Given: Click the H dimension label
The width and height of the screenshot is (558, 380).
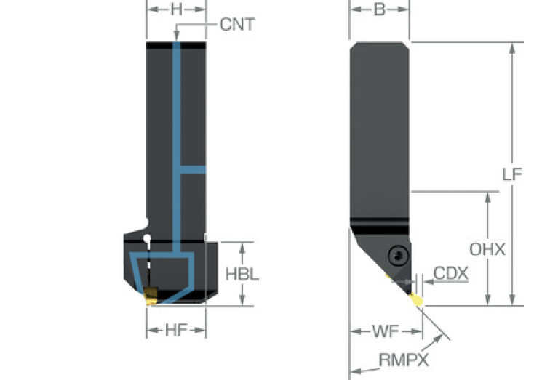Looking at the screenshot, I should pos(176,9).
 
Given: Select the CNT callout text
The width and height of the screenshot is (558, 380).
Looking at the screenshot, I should pos(237,25).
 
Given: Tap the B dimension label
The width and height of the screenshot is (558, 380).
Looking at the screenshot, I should pos(379,9).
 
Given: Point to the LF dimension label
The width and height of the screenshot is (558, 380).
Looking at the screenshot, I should pos(512,174).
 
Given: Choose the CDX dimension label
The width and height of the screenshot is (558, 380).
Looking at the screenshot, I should pos(451,274).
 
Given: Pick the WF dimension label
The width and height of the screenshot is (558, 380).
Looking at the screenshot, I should pos(385,331).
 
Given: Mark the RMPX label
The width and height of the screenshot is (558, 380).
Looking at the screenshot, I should pos(403,360).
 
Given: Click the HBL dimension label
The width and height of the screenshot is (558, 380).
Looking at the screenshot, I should pos(242,275).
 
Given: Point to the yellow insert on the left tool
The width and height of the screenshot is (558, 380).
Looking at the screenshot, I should pos(151,295).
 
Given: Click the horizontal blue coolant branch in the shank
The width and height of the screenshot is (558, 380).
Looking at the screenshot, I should pos(192,170).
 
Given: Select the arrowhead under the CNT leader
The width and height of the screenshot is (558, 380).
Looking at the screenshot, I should pos(176,39).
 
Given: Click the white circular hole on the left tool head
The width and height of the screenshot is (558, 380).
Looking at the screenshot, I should pos(148,238).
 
